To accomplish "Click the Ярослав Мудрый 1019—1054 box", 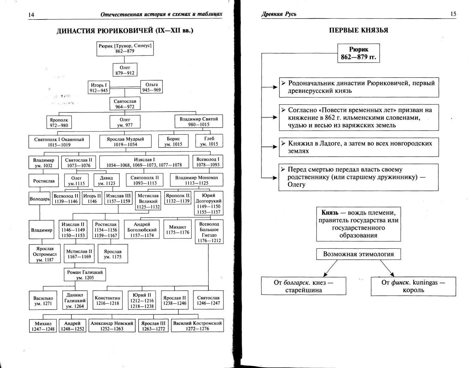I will click(125, 141).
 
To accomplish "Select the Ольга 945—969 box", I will click(151, 87).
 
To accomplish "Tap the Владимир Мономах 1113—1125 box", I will click(196, 180).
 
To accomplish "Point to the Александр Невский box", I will click(112, 326).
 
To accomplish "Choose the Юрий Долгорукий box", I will click(208, 203).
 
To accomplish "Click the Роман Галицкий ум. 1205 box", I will click(85, 275).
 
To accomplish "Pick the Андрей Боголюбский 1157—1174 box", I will click(142, 230).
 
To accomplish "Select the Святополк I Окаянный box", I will click(59, 142).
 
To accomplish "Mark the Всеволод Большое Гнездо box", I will click(209, 232).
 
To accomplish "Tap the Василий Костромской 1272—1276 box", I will click(197, 326).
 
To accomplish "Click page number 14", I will click(31, 15).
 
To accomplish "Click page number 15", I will click(453, 14).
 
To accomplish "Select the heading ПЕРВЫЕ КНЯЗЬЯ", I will click(358, 30).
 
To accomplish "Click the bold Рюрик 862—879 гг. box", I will click(358, 53).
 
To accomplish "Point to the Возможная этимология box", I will click(358, 254).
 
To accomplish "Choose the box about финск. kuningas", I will click(413, 286).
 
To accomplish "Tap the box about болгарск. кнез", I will click(303, 286).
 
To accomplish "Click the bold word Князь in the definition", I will click(330, 213).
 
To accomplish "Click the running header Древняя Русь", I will click(279, 14).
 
